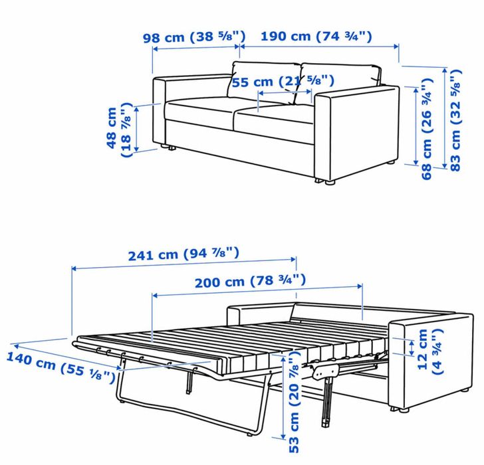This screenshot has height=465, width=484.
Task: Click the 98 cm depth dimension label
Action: (194, 37)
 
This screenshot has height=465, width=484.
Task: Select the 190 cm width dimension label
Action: (316, 37)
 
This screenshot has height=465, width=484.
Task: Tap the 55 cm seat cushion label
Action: (283, 82)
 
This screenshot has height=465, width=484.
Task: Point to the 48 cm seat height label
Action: (119, 130)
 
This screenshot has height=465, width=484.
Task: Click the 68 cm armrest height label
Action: (428, 129)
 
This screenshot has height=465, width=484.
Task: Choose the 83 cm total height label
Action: (455, 120)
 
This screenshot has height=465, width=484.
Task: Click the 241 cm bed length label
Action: (183, 254)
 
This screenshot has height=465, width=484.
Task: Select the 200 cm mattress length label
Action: (251, 281)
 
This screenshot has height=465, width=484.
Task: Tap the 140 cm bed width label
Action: (60, 367)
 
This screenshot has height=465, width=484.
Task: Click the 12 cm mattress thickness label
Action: (430, 351)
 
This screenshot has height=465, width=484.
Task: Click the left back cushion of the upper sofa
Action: (264, 82)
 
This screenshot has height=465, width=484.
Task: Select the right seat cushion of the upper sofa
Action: (275, 121)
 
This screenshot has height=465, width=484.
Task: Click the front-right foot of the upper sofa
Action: (330, 182)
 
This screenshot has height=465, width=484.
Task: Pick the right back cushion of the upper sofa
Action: (339, 83)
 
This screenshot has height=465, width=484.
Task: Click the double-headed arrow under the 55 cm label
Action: (285, 92)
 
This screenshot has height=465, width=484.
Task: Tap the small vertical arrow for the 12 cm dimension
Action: (411, 348)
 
